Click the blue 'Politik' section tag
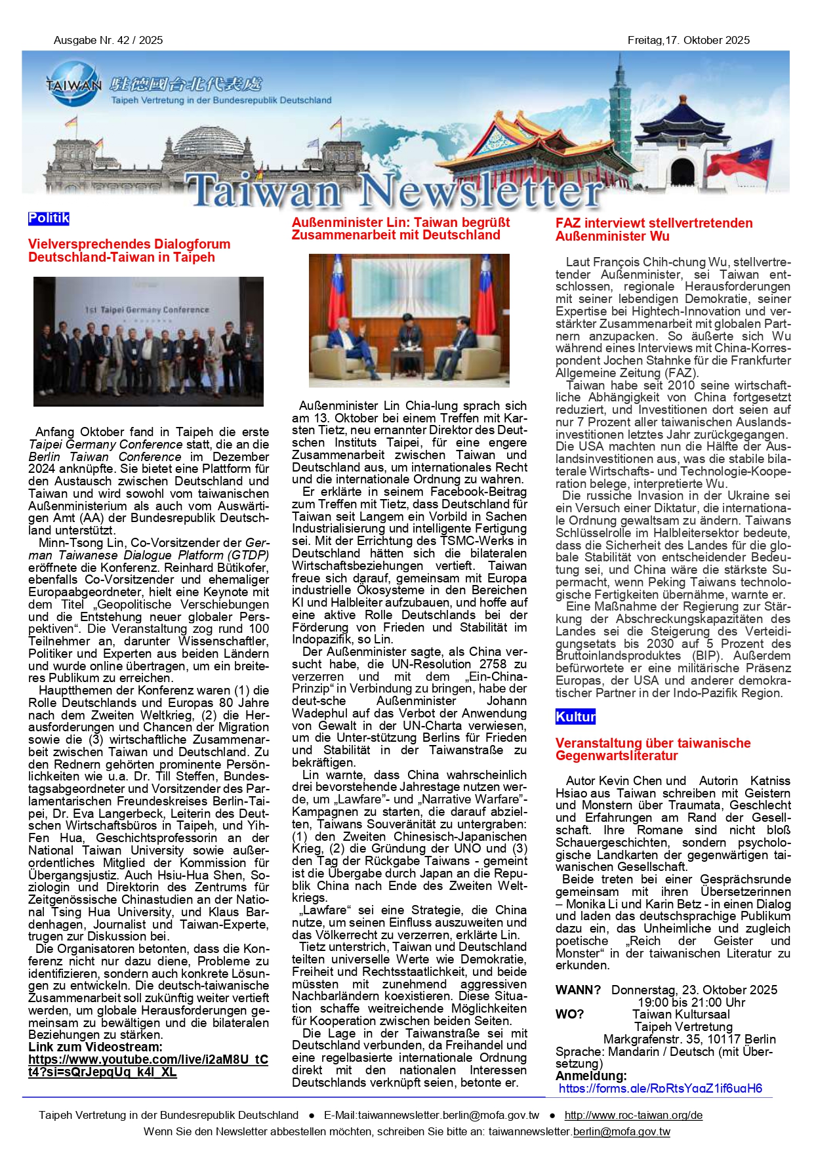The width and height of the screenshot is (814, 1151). (x=49, y=218)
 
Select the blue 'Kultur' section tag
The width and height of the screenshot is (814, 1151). (x=575, y=717)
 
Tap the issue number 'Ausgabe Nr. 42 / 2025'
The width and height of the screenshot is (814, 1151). (x=108, y=41)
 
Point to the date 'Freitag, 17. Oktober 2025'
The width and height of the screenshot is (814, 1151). (x=688, y=41)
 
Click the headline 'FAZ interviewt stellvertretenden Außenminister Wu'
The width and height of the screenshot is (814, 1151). (x=653, y=230)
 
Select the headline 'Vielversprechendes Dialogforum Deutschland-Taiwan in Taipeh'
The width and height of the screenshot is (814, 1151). (x=129, y=251)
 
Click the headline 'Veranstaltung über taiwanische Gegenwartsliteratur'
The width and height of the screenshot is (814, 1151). (x=653, y=749)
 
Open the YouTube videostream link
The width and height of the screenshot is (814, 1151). (x=148, y=1066)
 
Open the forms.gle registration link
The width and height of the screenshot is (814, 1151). (x=660, y=1089)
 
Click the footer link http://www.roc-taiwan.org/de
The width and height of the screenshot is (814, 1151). (x=633, y=1115)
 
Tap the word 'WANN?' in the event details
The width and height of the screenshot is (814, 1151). (x=578, y=990)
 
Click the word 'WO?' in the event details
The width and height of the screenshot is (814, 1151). (x=569, y=1014)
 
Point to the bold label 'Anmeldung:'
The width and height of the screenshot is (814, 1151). (x=591, y=1076)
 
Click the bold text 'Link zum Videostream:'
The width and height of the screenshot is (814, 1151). (x=95, y=1047)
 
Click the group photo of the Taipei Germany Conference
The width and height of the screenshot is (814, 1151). (x=148, y=341)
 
